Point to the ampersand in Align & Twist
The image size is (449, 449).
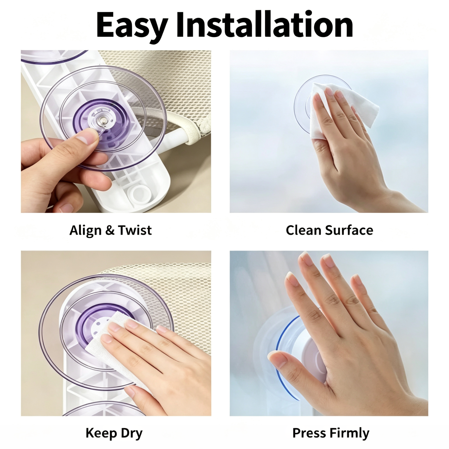coord(108,230)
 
